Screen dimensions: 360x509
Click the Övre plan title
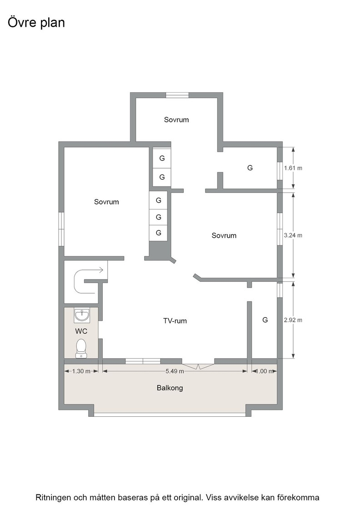(x=36, y=23)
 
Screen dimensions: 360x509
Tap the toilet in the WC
(x=81, y=348)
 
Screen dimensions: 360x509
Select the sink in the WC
(x=82, y=315)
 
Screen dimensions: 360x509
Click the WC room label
(x=81, y=331)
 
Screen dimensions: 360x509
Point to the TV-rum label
(x=175, y=321)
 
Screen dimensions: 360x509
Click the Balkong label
(x=170, y=388)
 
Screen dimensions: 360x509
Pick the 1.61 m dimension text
(x=293, y=168)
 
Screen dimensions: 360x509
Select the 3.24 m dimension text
(x=293, y=235)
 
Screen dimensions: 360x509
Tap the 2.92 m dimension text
(x=293, y=320)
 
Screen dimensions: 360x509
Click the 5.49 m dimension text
(x=175, y=371)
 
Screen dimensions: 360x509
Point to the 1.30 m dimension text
(x=81, y=371)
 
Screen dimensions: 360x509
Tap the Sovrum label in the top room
(x=176, y=120)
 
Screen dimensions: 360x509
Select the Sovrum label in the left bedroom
(x=106, y=202)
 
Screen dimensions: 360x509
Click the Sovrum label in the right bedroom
(x=224, y=236)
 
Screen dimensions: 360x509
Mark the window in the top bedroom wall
(x=177, y=95)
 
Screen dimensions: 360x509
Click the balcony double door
(x=198, y=364)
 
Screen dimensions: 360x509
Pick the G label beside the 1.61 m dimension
(x=250, y=168)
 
